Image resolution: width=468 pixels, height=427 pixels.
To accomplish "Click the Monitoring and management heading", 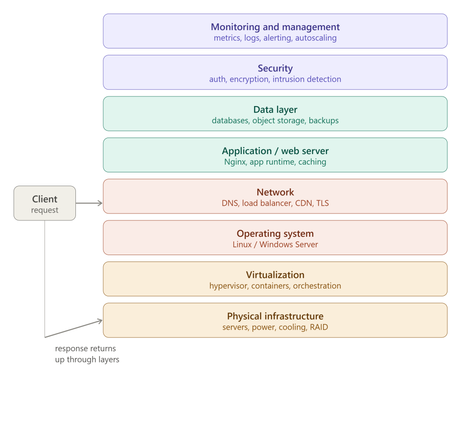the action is pos(275,27).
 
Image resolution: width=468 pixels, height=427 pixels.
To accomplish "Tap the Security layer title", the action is pos(275,69).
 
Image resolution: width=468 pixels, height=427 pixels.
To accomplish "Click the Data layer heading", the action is pos(275,110).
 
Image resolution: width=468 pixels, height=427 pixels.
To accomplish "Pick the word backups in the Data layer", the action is pos(324,121).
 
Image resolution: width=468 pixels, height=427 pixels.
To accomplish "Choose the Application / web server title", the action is pos(275,151).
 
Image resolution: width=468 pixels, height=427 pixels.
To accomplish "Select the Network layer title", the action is pos(275,192).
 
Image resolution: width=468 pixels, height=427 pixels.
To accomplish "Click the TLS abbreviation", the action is pos(322,203).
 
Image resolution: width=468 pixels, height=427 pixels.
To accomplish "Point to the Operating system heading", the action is pos(275,234).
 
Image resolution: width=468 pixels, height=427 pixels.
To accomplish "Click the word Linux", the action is pos(242,245).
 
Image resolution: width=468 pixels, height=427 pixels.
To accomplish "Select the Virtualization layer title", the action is pos(275,275).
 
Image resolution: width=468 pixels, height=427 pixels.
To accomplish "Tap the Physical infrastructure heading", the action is pos(275,316).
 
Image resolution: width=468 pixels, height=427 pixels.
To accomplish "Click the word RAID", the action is pos(319,327).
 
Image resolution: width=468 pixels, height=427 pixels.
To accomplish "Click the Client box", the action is pos(45,203).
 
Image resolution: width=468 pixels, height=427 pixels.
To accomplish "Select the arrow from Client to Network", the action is pos(89,203).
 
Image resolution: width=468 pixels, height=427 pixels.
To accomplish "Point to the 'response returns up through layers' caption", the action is pos(87,354).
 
